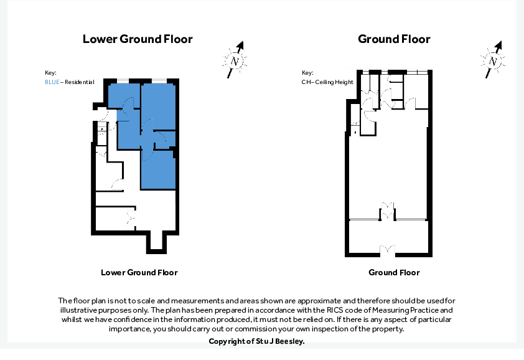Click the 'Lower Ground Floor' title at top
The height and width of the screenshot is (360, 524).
pos(138,39)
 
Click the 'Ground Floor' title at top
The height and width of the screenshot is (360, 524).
pos(394,39)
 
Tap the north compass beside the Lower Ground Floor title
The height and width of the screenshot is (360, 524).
pos(235,60)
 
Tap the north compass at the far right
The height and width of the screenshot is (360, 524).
pos(493,60)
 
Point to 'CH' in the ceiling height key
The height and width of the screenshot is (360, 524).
pos(306,82)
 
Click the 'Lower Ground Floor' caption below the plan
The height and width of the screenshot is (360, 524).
pos(139,273)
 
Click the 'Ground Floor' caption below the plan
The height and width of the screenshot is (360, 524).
pos(394,273)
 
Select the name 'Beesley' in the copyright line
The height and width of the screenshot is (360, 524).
pos(289,341)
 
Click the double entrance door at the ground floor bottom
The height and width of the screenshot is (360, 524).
pos(388,250)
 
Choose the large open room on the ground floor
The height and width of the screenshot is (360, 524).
pos(388,168)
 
